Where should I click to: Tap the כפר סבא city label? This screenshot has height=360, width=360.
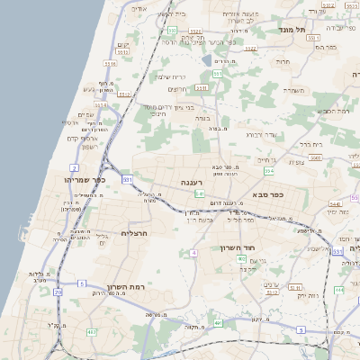pos(269,194)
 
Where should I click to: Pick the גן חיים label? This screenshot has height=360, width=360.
pos(266,158)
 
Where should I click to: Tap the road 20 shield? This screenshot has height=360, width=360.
pos(58,292)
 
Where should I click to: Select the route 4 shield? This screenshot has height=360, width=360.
pos(193,253)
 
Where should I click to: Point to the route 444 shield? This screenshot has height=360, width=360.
pos(338,290)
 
